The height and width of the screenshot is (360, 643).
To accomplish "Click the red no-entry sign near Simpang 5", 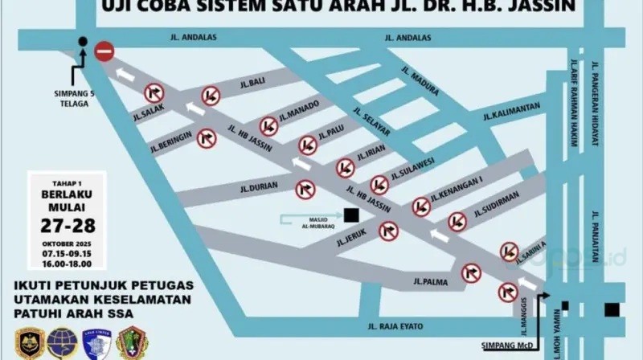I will (104, 51).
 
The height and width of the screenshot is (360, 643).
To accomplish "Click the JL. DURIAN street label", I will (258, 187).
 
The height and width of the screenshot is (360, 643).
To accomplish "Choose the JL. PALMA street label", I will (430, 281).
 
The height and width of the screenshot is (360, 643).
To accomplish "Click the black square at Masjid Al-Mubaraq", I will (350, 215).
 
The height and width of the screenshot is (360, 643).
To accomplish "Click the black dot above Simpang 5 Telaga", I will (83, 41).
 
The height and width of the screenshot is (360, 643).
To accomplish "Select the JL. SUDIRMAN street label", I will (496, 204).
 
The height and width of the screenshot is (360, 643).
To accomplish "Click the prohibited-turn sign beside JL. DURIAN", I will (305, 190).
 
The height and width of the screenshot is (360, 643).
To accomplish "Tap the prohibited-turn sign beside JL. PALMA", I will (471, 273).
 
